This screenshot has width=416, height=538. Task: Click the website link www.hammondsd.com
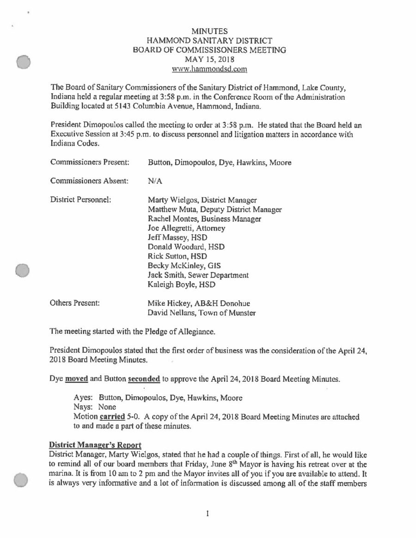click(x=209, y=69)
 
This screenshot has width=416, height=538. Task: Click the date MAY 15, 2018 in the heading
click(x=209, y=59)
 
